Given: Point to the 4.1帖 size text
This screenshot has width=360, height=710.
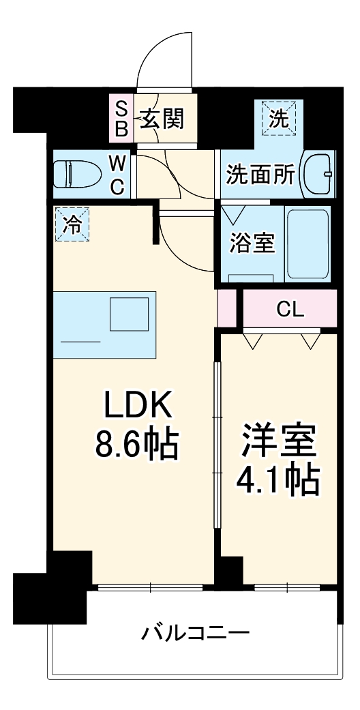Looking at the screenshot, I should pos(277,482).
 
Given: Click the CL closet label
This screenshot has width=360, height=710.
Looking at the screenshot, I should pos(290,310).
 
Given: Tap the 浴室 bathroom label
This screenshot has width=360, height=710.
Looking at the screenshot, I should pos(252,243).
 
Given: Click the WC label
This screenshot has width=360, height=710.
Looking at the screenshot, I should pos(118,175).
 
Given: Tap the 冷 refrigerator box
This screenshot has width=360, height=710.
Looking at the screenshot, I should pos(72,224).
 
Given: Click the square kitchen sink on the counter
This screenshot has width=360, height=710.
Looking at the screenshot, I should pos(130,314).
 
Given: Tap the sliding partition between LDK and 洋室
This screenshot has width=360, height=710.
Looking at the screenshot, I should pos(216,443).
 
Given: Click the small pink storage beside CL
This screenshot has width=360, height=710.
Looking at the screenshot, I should pos(226,308).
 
